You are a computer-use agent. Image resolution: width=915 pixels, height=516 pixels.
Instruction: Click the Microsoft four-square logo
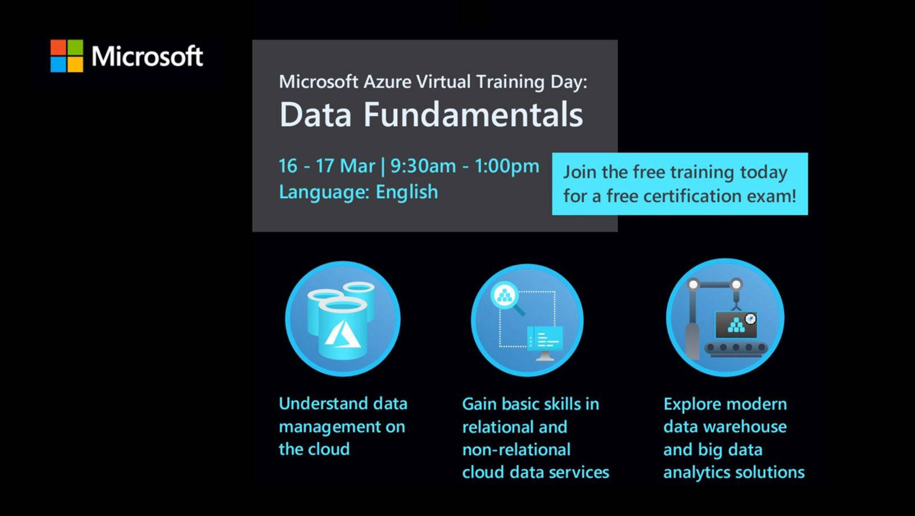(x=67, y=56)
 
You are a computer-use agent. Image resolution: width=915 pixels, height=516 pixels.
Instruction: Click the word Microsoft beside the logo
(x=147, y=56)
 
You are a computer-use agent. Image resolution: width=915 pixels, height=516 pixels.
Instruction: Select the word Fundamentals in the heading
(x=473, y=114)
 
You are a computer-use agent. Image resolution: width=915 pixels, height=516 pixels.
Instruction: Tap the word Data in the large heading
(x=315, y=114)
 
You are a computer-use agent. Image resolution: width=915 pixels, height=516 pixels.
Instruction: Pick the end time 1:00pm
(x=506, y=166)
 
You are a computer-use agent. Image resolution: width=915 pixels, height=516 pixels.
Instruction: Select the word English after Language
(x=406, y=192)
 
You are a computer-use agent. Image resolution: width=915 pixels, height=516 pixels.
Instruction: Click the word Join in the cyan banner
(x=580, y=172)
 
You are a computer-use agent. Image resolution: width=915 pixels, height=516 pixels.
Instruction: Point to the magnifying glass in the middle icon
(x=507, y=299)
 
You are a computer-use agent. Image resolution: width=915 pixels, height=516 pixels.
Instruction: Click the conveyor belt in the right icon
(x=735, y=348)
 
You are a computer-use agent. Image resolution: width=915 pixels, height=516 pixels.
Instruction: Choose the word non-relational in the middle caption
(x=516, y=450)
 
